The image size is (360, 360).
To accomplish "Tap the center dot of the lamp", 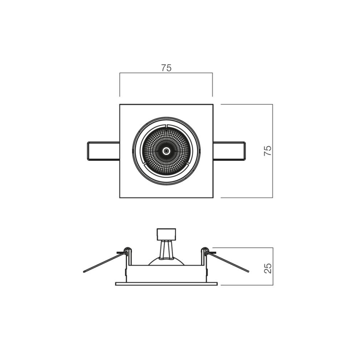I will point(166,151).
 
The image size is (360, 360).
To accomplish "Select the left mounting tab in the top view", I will point(103,151).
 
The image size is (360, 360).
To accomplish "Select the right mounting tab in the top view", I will point(229,151).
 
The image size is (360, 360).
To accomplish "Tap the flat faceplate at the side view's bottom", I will point(166,284).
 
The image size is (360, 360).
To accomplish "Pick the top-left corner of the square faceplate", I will point(120,105).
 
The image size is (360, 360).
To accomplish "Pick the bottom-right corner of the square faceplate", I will point(213,197).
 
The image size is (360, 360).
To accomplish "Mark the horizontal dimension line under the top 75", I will point(166,73).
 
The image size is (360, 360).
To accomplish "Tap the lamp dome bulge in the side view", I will point(166,261).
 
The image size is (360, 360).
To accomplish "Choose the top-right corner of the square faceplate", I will point(213,105).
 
